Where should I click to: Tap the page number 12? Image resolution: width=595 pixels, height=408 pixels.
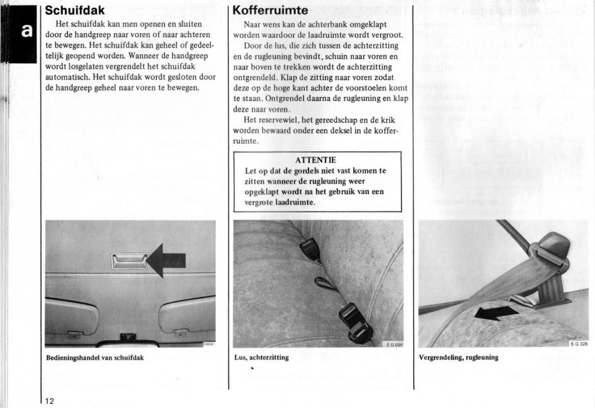coord(49,401)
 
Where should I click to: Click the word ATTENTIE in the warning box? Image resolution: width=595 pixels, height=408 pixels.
coord(316,160)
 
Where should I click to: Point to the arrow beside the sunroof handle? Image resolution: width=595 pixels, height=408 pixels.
coord(167,261)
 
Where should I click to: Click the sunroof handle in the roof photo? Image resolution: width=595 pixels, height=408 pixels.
coord(130,261)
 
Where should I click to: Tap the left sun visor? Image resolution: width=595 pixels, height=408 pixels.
coord(71,315)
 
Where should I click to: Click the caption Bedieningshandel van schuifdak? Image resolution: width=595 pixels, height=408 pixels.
coord(95,358)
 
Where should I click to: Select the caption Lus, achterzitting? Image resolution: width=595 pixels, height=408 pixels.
coord(261,358)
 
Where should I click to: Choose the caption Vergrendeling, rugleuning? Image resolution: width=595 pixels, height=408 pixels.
coord(458,358)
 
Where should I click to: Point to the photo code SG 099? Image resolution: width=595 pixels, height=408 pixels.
coord(395,344)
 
